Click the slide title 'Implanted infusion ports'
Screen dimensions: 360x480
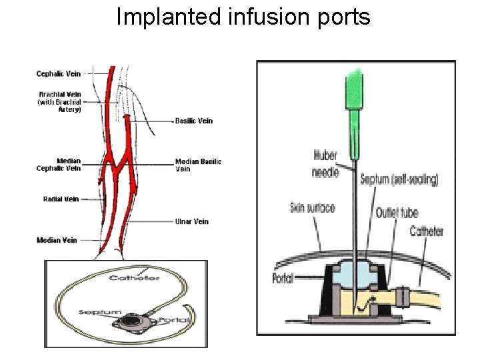pyautogui.click(x=243, y=17)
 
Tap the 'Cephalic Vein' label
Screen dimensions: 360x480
pyautogui.click(x=59, y=73)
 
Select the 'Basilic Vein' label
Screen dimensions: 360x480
pyautogui.click(x=194, y=121)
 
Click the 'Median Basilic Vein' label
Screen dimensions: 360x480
pyautogui.click(x=197, y=165)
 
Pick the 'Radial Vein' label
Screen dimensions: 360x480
pyautogui.click(x=61, y=199)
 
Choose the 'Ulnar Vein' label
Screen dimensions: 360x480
pyautogui.click(x=191, y=221)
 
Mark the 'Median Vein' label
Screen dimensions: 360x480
pyautogui.click(x=58, y=240)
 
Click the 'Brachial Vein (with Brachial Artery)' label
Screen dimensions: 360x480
pyautogui.click(x=59, y=102)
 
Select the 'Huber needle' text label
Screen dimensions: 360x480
pyautogui.click(x=325, y=164)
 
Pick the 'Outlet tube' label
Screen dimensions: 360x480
pyautogui.click(x=397, y=213)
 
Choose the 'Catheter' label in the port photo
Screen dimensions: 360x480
pyautogui.click(x=133, y=277)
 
